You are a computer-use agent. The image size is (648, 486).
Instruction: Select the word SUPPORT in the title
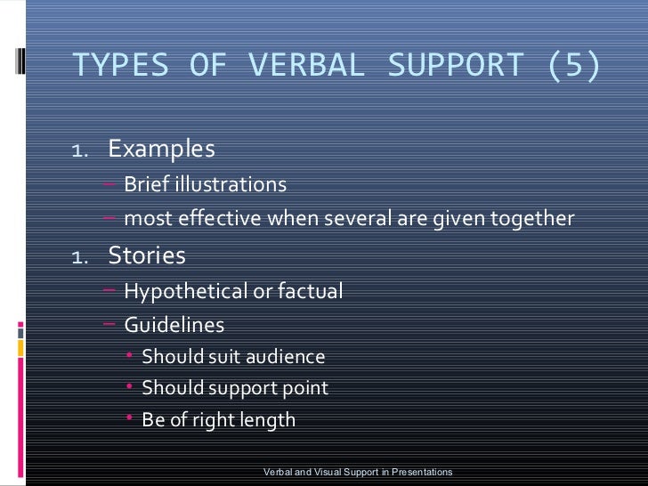[455, 65]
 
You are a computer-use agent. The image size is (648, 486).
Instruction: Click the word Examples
[161, 149]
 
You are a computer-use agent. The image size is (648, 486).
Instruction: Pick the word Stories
[147, 256]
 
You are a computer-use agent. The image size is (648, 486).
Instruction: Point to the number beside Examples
[79, 150]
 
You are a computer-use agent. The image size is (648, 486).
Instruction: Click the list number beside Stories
[79, 258]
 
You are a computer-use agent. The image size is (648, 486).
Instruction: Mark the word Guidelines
[174, 326]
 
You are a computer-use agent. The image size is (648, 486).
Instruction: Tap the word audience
[281, 358]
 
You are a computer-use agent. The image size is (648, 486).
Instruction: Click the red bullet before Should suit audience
[130, 357]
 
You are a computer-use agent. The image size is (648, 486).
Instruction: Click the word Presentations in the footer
[417, 472]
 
